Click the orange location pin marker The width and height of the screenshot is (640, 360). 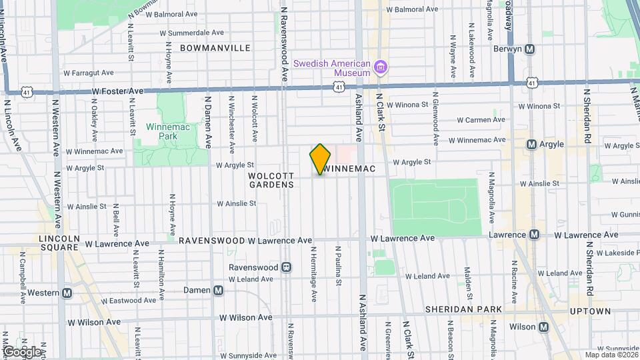321,159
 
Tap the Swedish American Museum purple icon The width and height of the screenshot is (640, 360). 381,67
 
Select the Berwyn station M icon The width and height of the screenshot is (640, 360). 530,49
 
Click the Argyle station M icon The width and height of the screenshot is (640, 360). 531,144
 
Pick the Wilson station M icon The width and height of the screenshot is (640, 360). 543,327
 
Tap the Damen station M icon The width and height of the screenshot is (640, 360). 218,290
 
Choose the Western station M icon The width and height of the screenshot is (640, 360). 67,293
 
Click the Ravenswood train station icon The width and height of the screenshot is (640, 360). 286,267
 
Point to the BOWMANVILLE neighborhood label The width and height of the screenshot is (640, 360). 215,48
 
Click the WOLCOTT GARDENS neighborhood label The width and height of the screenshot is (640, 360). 271,180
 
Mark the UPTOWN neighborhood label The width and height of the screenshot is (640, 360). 590,311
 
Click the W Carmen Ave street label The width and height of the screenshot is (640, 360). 480,121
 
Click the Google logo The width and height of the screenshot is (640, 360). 22,351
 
